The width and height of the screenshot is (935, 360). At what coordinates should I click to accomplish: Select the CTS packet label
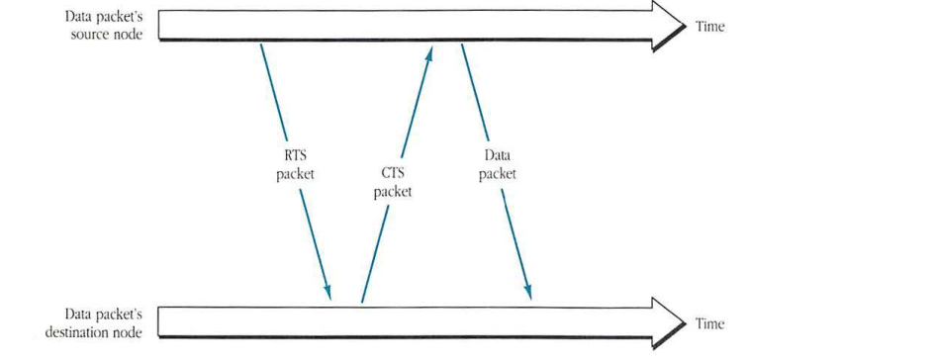pyautogui.click(x=392, y=183)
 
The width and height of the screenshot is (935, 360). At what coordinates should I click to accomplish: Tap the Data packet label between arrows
pyautogui.click(x=497, y=164)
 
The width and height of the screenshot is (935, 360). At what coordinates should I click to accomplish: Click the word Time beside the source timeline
pyautogui.click(x=709, y=27)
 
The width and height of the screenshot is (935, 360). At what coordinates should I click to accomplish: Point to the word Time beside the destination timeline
pyautogui.click(x=709, y=323)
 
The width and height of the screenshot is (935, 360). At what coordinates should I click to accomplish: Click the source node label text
pyautogui.click(x=103, y=27)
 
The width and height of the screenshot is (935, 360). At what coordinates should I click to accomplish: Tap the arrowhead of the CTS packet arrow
pyautogui.click(x=429, y=52)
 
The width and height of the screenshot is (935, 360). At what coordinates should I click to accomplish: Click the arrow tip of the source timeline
pyautogui.click(x=686, y=27)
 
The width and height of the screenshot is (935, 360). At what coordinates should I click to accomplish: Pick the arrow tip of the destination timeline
pyautogui.click(x=686, y=322)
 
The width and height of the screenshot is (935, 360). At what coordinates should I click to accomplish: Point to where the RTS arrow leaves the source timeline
pyautogui.click(x=260, y=44)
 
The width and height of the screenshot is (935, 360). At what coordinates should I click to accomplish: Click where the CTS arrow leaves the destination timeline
pyautogui.click(x=362, y=302)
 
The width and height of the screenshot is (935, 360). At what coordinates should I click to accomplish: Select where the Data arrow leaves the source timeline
pyautogui.click(x=461, y=44)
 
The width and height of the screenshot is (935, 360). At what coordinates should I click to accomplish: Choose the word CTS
pyautogui.click(x=392, y=174)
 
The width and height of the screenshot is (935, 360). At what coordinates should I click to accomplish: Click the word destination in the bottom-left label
pyautogui.click(x=78, y=332)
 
